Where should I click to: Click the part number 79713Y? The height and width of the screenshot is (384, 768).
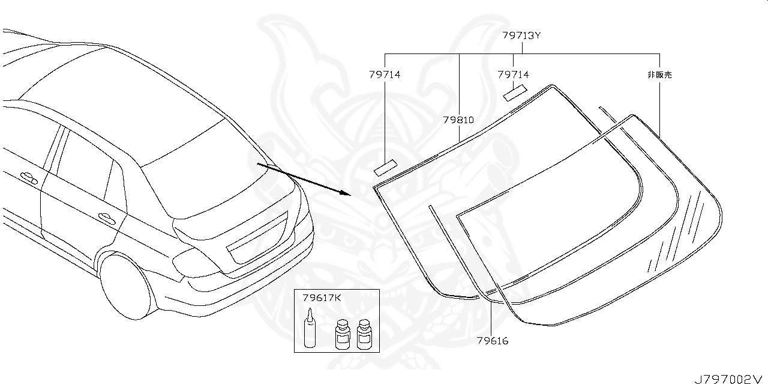(521, 35)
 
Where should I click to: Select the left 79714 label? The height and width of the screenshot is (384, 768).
(385, 75)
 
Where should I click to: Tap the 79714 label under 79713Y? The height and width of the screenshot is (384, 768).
(513, 75)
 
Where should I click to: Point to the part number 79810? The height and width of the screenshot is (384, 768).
(458, 120)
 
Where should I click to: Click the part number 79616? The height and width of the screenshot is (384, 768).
(493, 341)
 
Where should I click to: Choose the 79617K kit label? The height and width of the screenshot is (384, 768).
(322, 298)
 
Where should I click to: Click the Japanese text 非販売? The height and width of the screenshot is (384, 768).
(659, 75)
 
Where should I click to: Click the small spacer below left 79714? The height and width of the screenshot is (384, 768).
(386, 166)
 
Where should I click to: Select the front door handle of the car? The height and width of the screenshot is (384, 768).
(28, 178)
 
